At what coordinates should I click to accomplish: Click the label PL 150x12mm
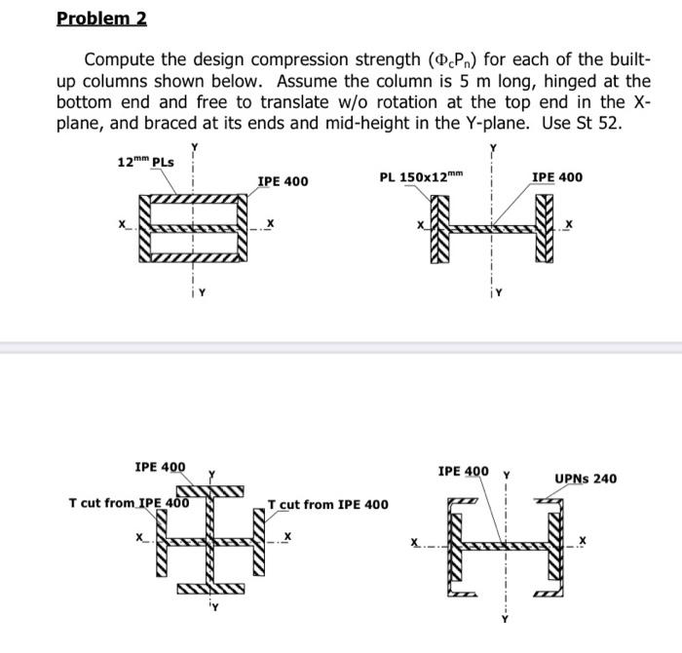coord(419,176)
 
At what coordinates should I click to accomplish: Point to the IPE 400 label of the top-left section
coord(283,180)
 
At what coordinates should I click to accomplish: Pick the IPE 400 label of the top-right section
coord(557,176)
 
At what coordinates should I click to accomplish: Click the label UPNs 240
coord(586,479)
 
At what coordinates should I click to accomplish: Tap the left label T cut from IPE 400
coord(129,503)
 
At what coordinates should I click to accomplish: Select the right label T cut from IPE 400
coord(327,504)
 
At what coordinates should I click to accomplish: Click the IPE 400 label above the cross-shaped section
coord(161,467)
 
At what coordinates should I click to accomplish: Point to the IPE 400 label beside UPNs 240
coord(464,472)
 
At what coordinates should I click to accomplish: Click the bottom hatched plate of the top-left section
coord(194,258)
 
